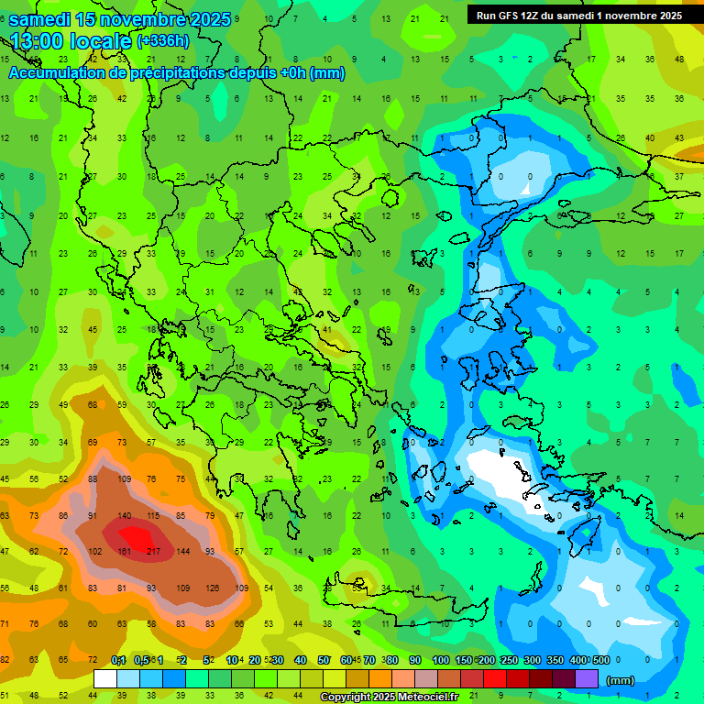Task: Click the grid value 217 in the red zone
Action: click(x=153, y=551)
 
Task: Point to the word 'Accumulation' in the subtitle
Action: click(x=57, y=73)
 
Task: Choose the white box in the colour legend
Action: click(x=105, y=679)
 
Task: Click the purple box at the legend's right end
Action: click(x=587, y=679)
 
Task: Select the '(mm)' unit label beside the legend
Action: click(x=621, y=680)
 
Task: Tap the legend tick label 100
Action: click(x=441, y=660)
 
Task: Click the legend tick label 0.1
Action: click(x=118, y=660)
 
